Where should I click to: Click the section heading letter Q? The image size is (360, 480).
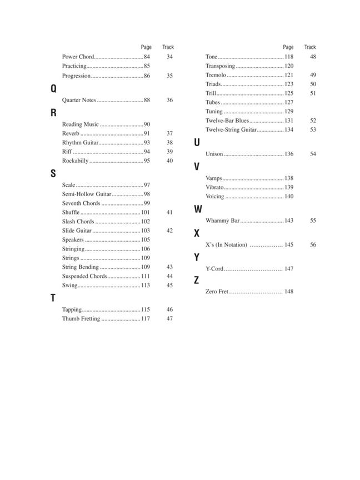(x=53, y=88)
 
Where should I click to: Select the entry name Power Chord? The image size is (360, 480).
(x=78, y=57)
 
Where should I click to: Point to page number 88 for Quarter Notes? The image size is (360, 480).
(x=147, y=100)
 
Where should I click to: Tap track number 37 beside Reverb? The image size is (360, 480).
(x=169, y=133)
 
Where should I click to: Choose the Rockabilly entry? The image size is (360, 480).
(x=75, y=161)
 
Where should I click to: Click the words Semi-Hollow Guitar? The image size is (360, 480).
(x=87, y=194)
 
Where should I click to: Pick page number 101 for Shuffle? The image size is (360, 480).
(x=146, y=212)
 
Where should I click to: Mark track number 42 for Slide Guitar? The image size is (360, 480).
(x=169, y=231)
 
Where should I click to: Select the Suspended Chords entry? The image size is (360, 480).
(x=84, y=276)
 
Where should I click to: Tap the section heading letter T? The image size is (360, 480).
(x=53, y=298)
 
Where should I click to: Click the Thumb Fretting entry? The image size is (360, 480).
(x=81, y=319)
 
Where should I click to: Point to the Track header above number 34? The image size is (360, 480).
(x=168, y=47)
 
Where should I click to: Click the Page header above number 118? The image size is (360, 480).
(x=288, y=47)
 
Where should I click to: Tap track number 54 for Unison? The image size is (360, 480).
(x=313, y=154)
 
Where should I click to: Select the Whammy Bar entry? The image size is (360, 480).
(x=222, y=221)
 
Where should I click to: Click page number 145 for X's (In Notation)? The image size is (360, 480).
(x=289, y=244)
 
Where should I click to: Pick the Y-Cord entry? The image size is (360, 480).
(x=214, y=269)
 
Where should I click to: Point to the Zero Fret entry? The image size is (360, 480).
(x=217, y=292)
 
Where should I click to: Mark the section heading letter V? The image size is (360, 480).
(x=197, y=167)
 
